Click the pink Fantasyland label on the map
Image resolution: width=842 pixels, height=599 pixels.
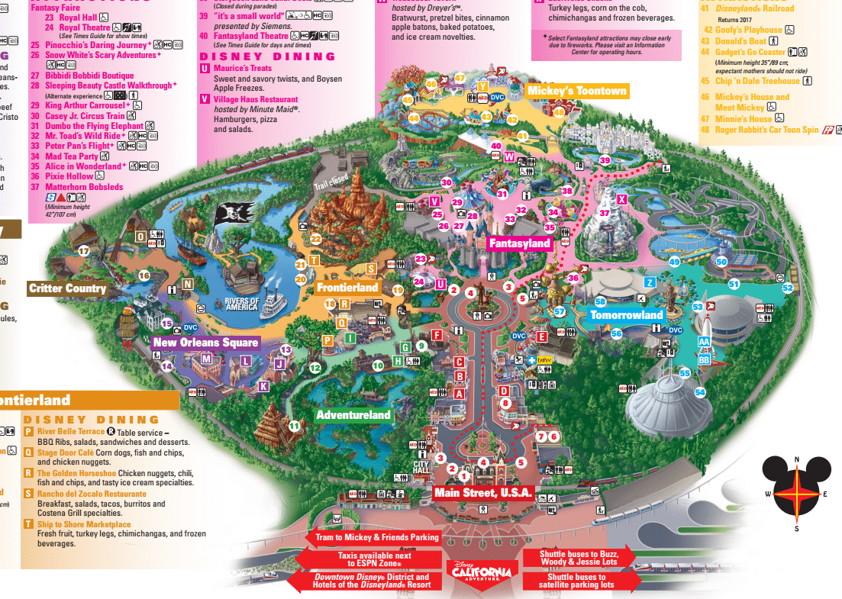[520, 243]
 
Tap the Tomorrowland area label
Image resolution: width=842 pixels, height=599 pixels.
[627, 314]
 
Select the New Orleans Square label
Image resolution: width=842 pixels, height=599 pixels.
[206, 343]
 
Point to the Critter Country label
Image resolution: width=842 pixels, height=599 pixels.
[67, 288]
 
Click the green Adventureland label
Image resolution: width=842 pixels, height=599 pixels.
[353, 415]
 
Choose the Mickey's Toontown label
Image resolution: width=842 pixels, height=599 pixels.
[576, 91]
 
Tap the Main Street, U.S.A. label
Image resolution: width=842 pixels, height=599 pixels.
[482, 492]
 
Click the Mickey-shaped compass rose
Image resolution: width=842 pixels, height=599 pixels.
[796, 492]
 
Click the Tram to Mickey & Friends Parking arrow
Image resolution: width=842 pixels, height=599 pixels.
[377, 537]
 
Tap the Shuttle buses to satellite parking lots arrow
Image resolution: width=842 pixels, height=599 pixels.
[579, 581]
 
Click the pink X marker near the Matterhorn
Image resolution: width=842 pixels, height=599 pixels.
[621, 200]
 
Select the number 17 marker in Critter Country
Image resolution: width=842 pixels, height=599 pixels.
[84, 250]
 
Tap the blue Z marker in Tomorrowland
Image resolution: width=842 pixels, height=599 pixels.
[650, 282]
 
